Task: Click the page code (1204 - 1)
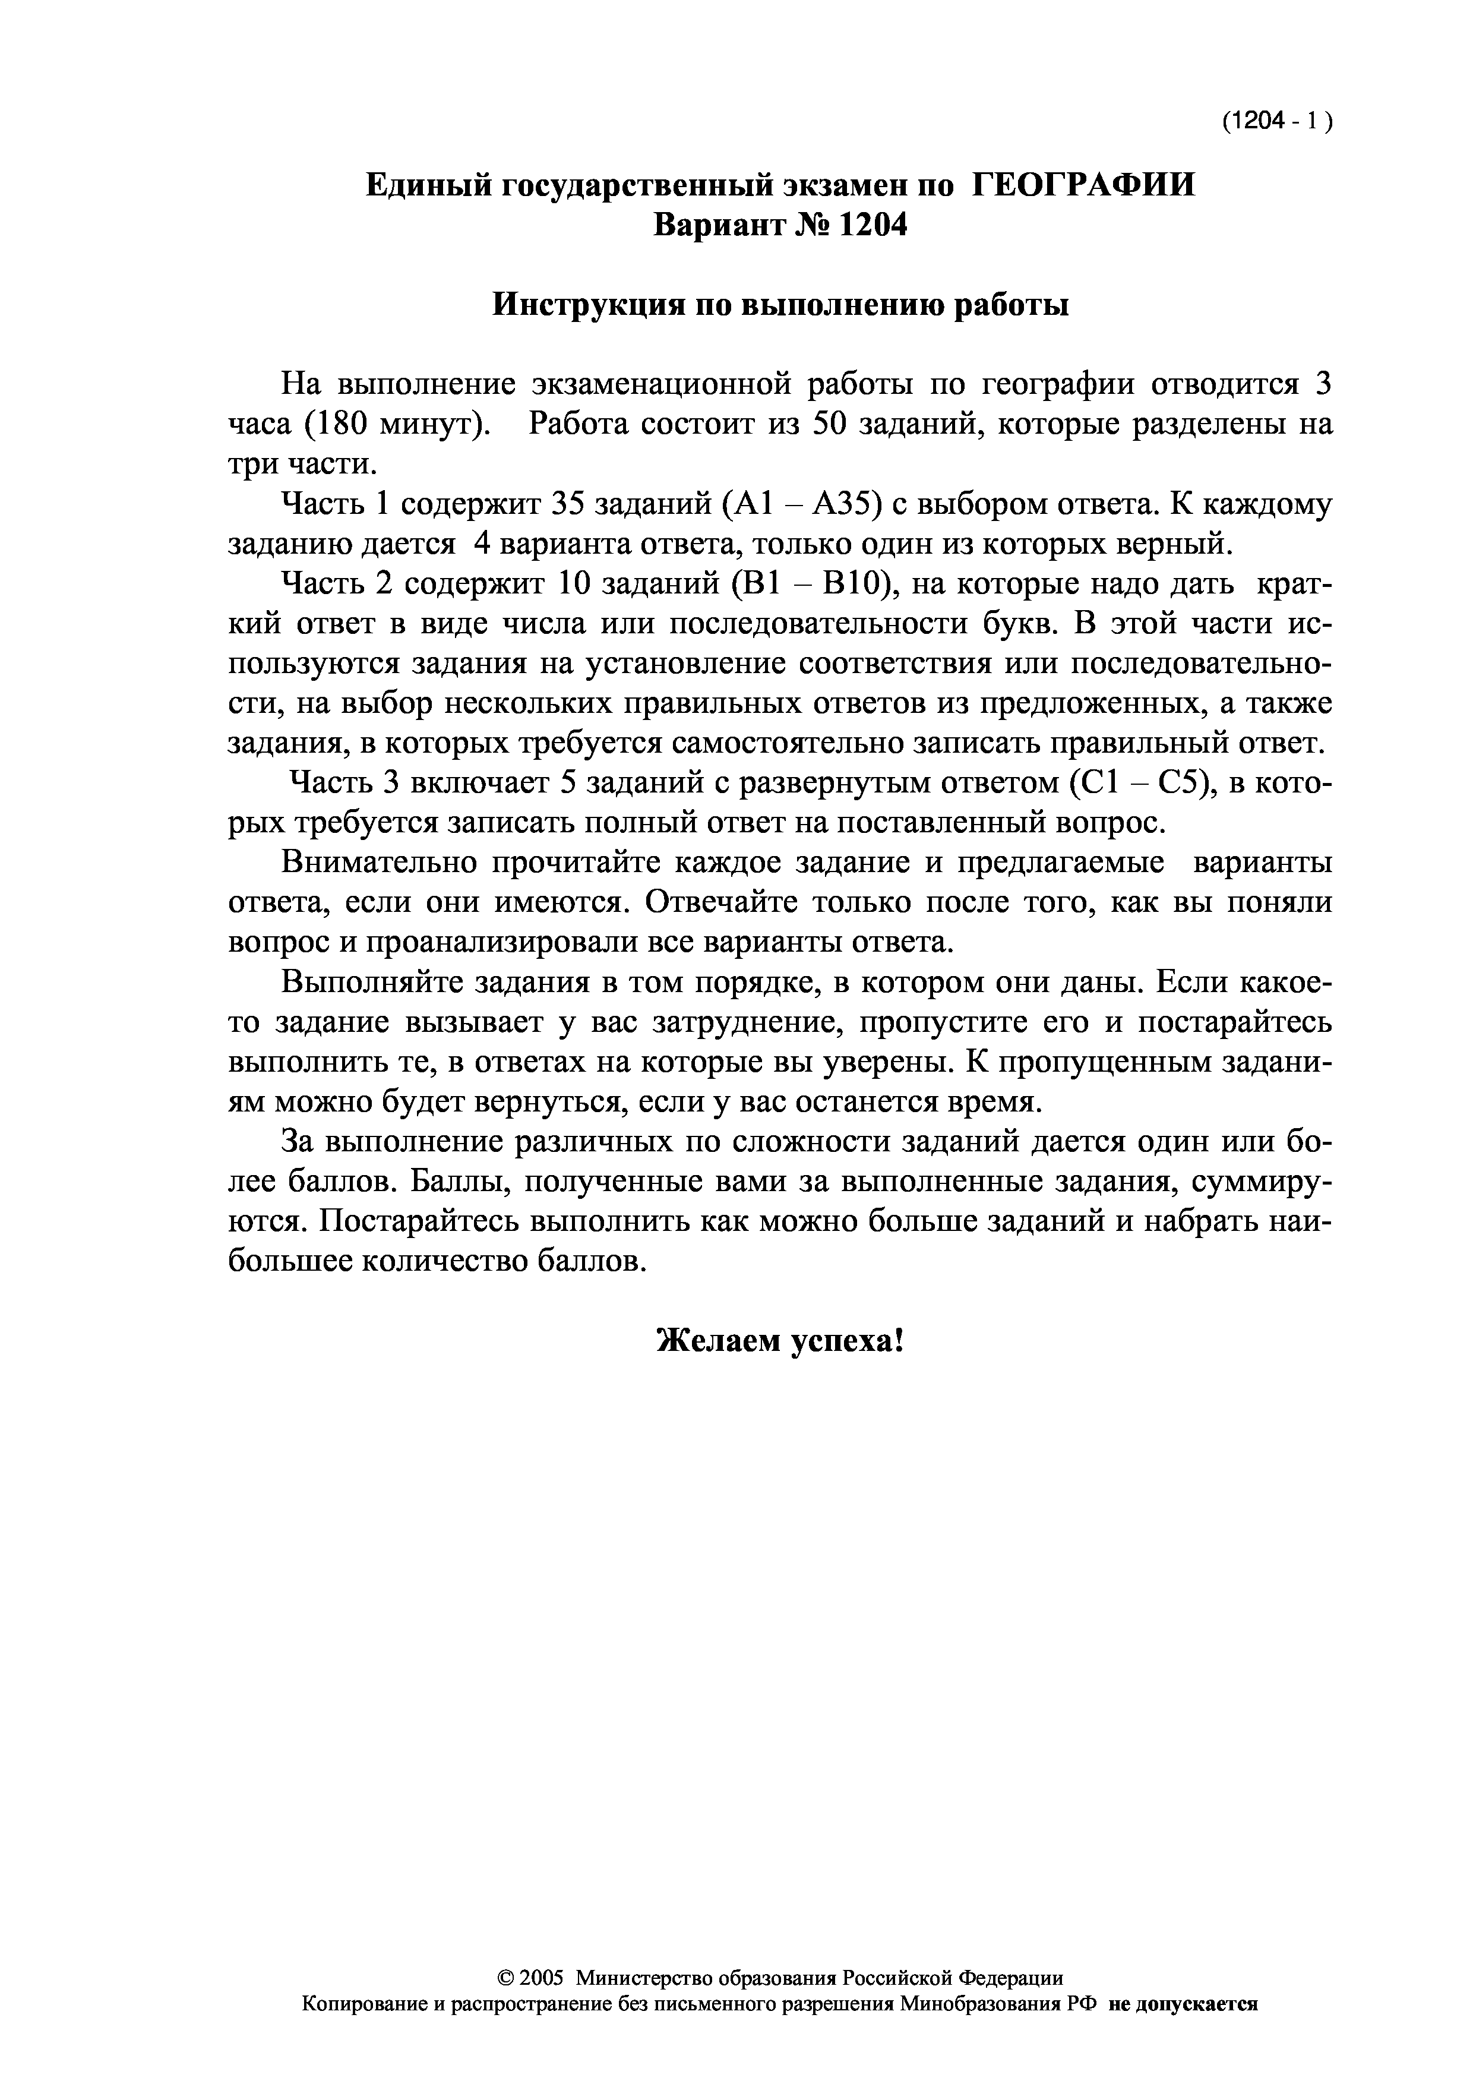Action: [x=1276, y=122]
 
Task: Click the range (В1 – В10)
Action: [x=814, y=583]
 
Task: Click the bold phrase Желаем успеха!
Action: [x=780, y=1340]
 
